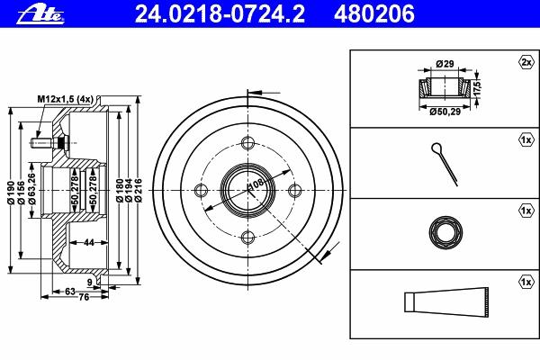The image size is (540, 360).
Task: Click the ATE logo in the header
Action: [x=40, y=15]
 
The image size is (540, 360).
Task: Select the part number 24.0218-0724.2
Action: [x=220, y=14]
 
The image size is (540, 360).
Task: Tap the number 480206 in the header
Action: [x=374, y=14]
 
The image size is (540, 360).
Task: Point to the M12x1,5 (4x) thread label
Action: [x=66, y=100]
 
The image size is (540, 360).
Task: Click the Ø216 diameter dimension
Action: [x=138, y=191]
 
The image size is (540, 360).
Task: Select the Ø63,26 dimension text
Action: [x=32, y=189]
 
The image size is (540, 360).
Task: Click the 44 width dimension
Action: [x=89, y=242]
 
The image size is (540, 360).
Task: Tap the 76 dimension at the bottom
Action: [x=84, y=297]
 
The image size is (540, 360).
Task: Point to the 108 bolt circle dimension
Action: [x=256, y=184]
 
